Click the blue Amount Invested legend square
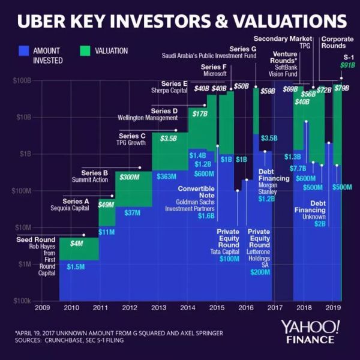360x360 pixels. coord(25,51)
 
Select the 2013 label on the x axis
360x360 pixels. coord(158,309)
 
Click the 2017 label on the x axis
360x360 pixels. coord(275,309)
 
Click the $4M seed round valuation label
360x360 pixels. coord(76,244)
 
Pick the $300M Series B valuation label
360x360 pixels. coord(130,177)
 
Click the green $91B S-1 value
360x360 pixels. coord(347,65)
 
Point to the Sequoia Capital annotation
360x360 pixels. coord(71,208)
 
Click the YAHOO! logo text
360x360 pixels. coord(310,327)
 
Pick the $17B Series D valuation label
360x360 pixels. coord(200,113)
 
